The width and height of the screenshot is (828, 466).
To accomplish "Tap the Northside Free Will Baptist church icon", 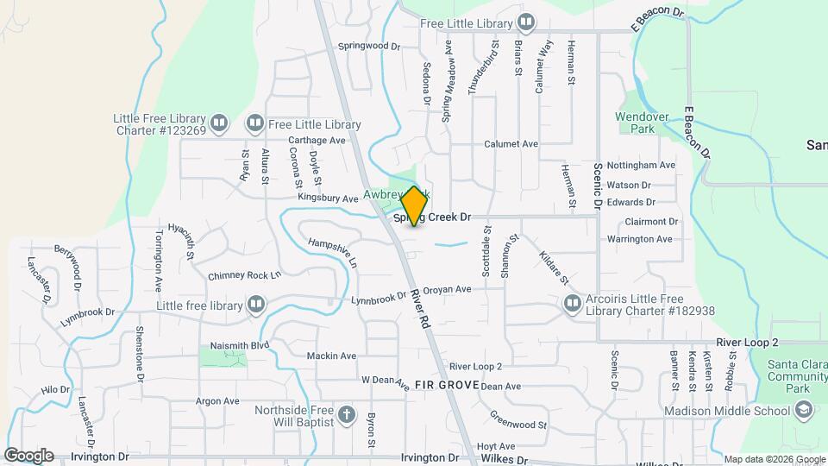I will point(347,415).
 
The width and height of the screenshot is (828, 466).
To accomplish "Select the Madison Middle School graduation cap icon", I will point(804,412).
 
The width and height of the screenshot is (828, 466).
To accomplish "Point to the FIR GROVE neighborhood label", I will point(446,384).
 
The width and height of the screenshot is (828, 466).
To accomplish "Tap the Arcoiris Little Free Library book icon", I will point(572,303).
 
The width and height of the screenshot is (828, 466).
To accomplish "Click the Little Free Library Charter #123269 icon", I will point(219,124).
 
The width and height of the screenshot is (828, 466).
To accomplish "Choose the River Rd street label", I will point(420,308).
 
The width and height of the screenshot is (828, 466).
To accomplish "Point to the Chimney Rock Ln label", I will point(245,276).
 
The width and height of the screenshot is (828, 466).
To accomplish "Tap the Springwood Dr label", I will point(370,46).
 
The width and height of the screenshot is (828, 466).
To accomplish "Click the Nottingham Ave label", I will point(641,165).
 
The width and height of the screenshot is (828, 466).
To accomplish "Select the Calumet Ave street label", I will point(511,144).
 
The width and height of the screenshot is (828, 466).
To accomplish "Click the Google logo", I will point(28,455).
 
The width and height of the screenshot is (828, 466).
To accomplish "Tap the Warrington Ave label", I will point(639,239).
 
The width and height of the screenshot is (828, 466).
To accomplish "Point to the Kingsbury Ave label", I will point(328,198).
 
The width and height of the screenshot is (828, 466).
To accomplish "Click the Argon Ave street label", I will point(217,401).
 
